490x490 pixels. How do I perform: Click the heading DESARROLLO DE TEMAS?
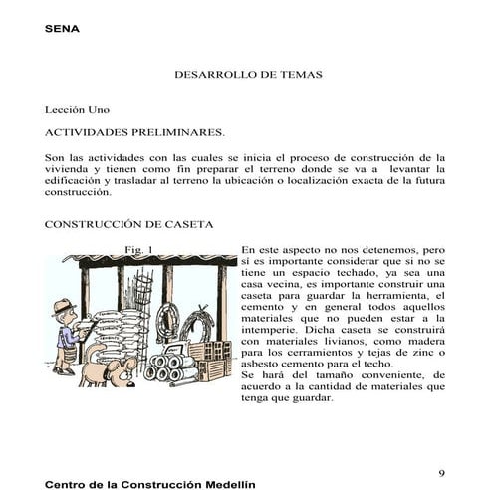pos(248,75)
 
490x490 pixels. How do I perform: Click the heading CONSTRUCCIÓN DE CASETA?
pos(128,226)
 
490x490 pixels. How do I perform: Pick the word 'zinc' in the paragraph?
pos(423,352)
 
